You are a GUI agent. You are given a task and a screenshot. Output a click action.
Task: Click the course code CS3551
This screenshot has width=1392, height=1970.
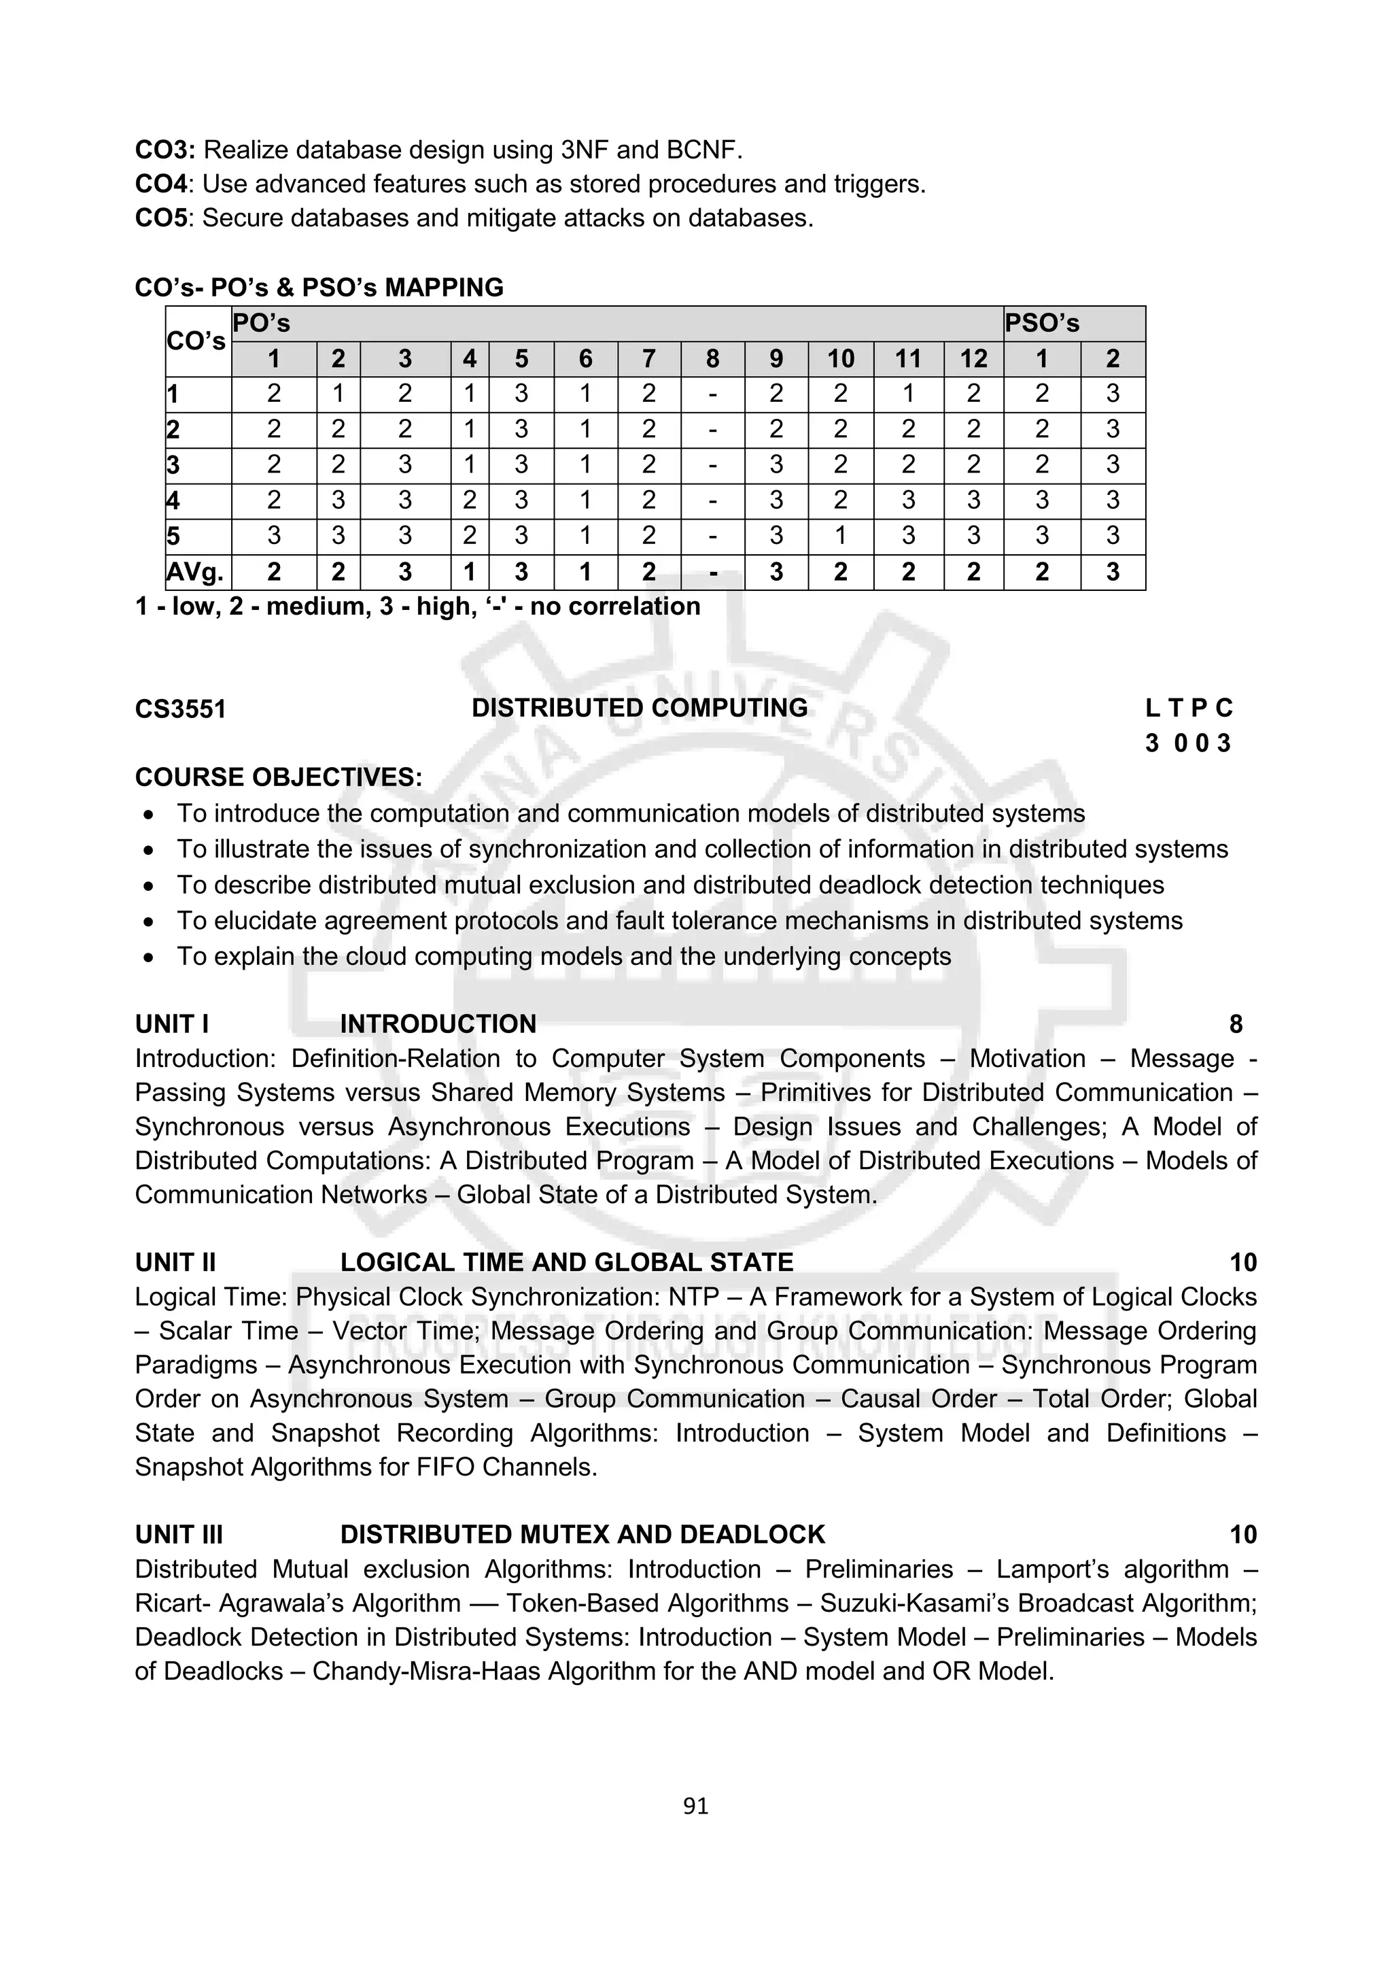(x=180, y=709)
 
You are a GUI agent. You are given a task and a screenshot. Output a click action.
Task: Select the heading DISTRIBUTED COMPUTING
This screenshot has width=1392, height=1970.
(x=639, y=708)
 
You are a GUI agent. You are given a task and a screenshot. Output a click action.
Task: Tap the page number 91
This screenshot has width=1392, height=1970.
(x=695, y=1806)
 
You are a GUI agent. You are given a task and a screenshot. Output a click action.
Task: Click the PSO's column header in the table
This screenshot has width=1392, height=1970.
(x=1041, y=324)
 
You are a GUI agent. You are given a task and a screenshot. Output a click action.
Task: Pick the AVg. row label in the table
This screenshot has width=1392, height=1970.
(x=196, y=573)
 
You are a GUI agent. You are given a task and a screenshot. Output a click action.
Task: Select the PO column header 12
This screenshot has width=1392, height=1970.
(x=973, y=358)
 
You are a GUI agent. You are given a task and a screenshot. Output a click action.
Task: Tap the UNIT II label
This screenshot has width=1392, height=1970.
(x=175, y=1262)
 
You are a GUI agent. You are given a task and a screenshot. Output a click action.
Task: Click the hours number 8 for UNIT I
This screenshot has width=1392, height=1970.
(x=1235, y=1023)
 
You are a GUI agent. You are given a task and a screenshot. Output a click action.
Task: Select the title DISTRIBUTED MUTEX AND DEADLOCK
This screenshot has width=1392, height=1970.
(x=582, y=1534)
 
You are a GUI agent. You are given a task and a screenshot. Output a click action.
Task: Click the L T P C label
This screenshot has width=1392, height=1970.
(x=1188, y=708)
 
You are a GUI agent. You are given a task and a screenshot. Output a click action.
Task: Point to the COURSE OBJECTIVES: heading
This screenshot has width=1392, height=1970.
(x=278, y=777)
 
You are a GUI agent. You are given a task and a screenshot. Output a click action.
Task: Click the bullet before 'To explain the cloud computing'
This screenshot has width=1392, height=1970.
(x=150, y=957)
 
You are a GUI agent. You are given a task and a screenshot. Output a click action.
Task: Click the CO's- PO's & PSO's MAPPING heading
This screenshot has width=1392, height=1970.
(x=319, y=288)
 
